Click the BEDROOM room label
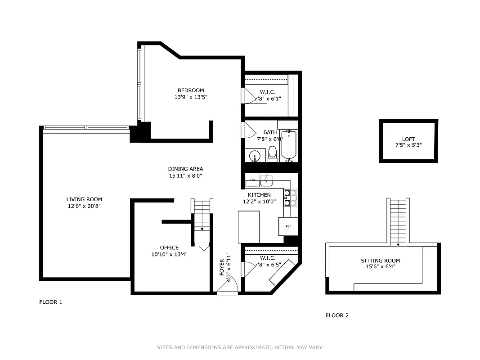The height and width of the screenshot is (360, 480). coord(191,90)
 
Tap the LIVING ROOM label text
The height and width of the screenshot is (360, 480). coord(84,199)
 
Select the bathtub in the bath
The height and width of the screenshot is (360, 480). coord(288,145)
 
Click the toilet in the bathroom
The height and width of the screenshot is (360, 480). coord(272,154)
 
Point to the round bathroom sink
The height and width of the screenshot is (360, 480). coord(255,157)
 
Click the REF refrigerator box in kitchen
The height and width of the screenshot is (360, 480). coord(288,226)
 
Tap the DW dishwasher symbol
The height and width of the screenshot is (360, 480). coord(252,180)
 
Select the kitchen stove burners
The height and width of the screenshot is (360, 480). coord(287,198)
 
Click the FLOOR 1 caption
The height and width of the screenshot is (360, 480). coord(51,302)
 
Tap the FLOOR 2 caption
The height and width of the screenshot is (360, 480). coord(337,315)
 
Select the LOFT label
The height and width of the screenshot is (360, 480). coord(408,139)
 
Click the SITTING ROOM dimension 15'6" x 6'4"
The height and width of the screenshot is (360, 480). coord(380,266)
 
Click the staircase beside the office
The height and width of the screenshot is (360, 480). coord(202,215)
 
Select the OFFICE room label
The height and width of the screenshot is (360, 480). coord(169,247)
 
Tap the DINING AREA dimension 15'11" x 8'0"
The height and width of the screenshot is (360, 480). coord(186,175)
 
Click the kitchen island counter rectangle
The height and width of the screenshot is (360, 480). coord(249,226)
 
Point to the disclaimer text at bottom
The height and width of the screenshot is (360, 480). coord(240,347)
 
